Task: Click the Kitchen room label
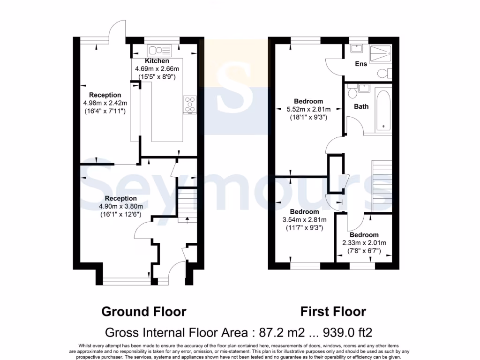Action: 157,61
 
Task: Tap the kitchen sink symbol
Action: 159,50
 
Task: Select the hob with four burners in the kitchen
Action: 190,105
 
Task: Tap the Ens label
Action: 360,64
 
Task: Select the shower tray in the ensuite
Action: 381,54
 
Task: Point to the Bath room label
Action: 361,106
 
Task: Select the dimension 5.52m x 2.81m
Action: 308,109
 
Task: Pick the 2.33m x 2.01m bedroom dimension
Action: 364,243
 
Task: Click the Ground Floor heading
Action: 144,311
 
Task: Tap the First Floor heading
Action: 333,311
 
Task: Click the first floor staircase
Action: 381,183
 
